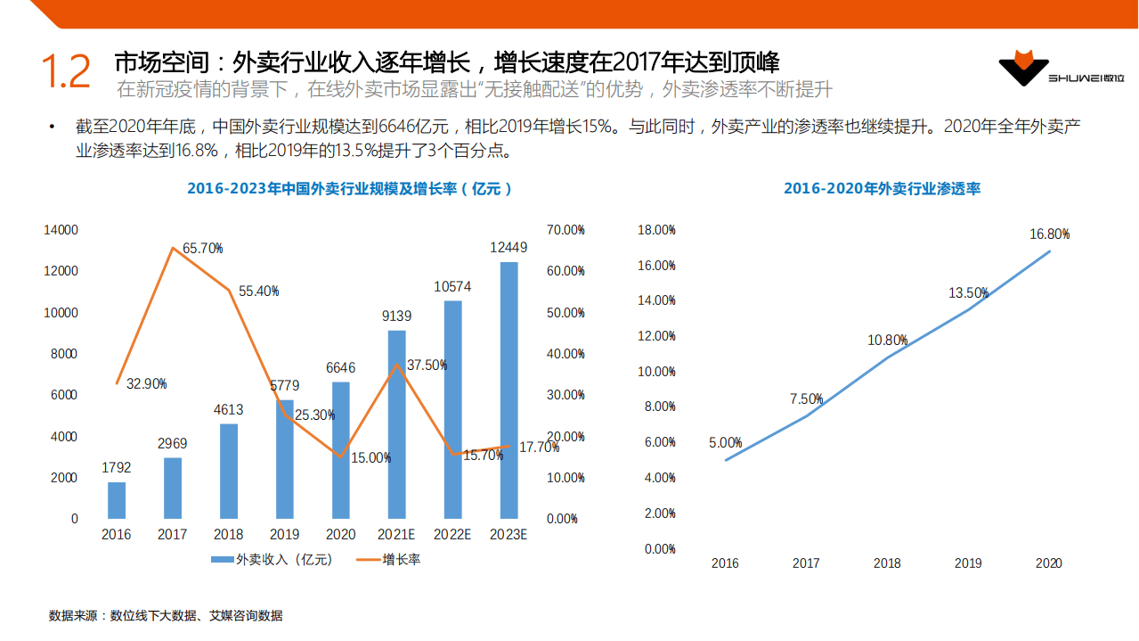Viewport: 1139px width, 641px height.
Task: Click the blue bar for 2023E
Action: (508, 390)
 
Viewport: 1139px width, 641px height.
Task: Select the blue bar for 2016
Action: (117, 500)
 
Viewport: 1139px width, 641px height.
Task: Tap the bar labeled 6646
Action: (341, 450)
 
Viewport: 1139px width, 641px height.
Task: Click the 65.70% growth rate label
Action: (202, 249)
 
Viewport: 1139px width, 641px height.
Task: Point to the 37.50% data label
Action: (426, 365)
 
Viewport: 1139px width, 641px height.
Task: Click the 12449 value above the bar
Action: (508, 248)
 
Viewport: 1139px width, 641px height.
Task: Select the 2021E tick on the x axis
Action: (396, 535)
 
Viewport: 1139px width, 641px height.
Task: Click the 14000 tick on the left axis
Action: (61, 230)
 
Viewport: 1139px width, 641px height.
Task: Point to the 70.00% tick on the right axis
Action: (565, 230)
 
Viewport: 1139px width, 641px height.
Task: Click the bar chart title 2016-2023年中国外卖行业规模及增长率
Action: (350, 189)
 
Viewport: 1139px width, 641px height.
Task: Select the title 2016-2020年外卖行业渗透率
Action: (882, 189)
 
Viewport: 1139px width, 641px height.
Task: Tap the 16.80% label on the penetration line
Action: (1049, 234)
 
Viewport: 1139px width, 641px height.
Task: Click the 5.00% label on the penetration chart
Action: (725, 442)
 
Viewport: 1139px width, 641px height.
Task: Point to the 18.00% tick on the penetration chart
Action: (657, 230)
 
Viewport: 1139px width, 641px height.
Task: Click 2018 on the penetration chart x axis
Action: (887, 563)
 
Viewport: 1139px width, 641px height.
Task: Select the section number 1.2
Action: (66, 72)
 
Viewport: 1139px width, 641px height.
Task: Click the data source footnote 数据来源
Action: (166, 615)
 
